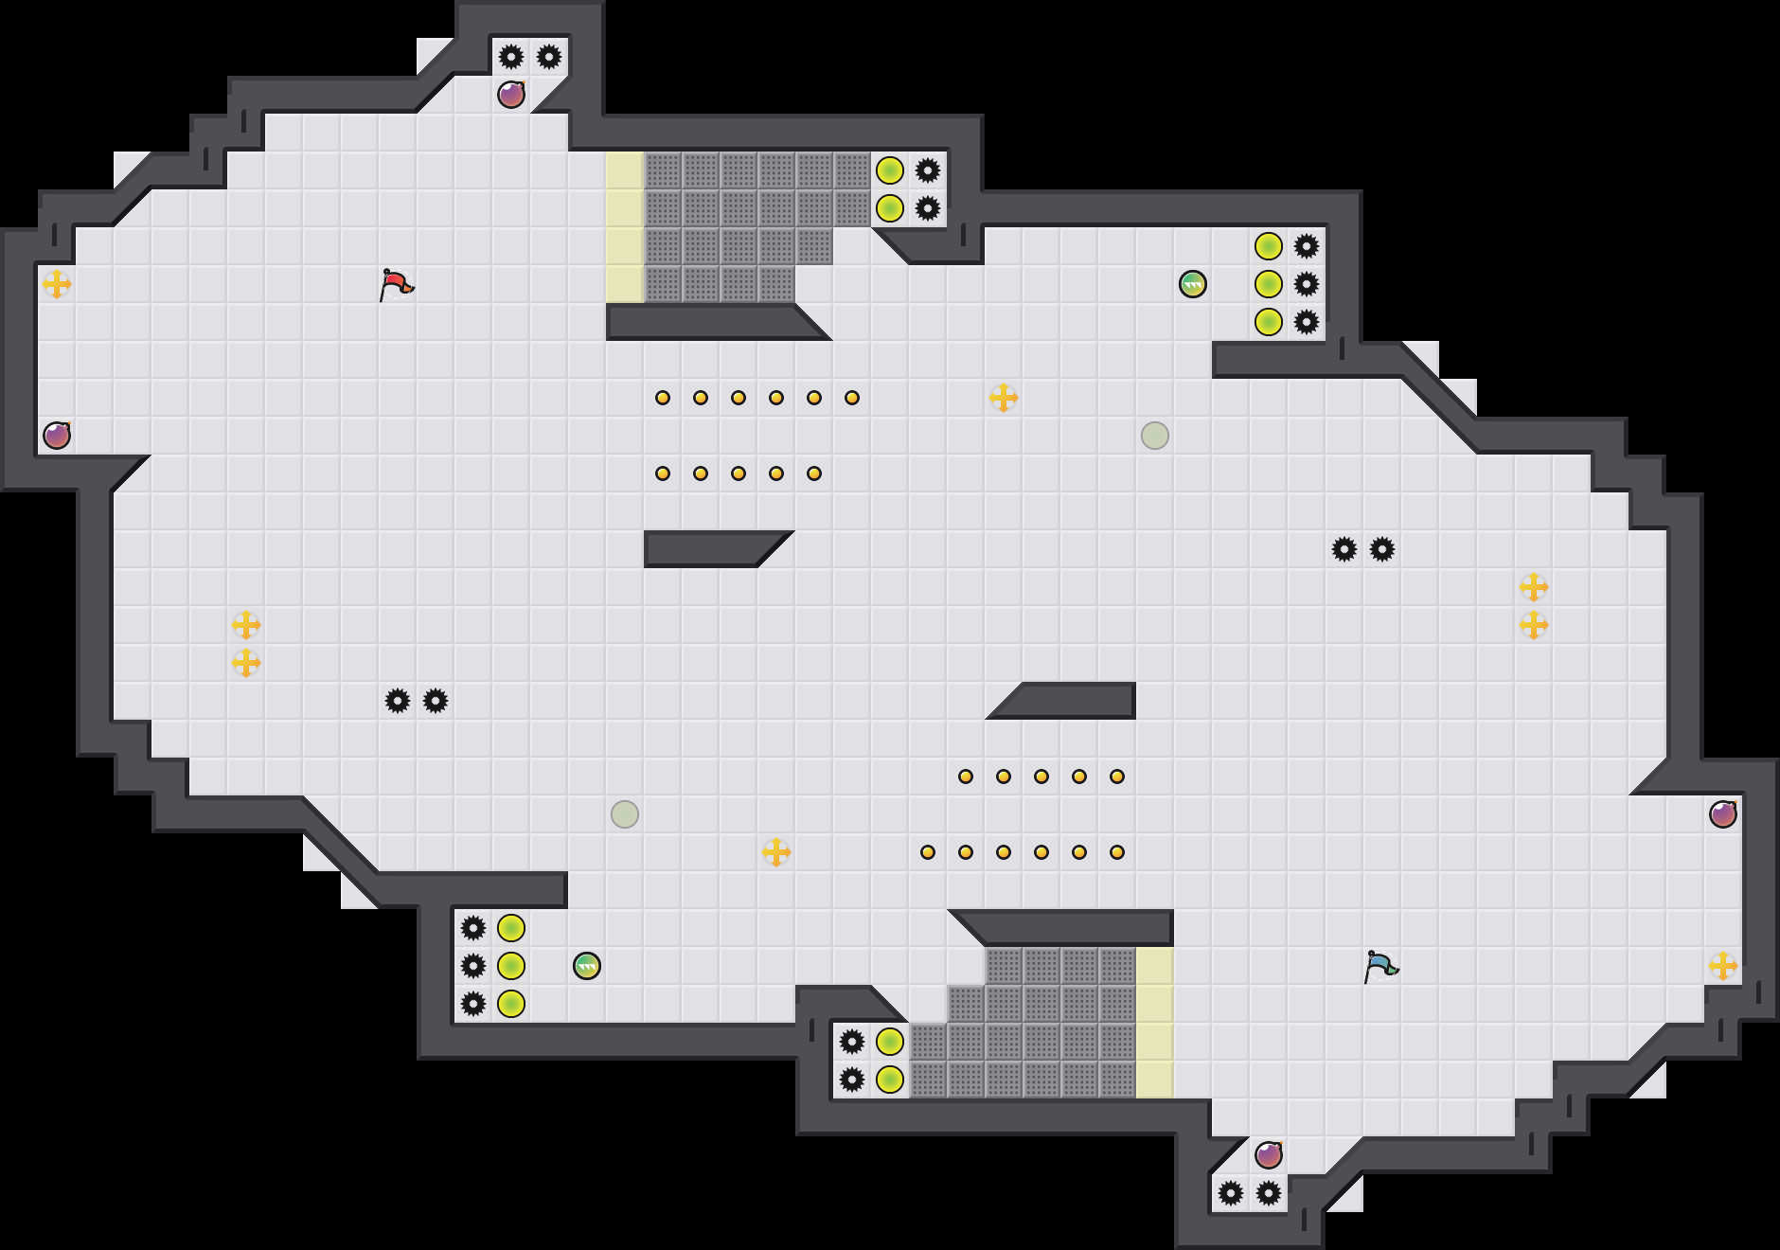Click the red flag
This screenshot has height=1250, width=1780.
[x=396, y=284]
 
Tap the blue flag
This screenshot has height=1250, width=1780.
[x=1380, y=966]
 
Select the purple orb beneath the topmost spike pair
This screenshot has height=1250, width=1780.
[x=511, y=95]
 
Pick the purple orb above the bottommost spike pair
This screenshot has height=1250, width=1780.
[x=1269, y=1155]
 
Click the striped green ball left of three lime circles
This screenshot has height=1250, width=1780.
[x=1193, y=284]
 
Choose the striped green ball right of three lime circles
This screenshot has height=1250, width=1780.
[x=587, y=966]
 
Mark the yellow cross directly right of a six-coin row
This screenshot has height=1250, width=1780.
[x=1004, y=398]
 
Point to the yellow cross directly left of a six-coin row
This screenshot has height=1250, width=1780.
[x=776, y=852]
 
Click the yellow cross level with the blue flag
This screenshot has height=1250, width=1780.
[x=1723, y=966]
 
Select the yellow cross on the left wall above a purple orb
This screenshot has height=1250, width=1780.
[x=57, y=284]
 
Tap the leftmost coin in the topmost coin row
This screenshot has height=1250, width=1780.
[x=663, y=398]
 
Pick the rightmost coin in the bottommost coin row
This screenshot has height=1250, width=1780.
[x=1117, y=852]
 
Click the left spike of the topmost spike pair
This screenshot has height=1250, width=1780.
[x=511, y=57]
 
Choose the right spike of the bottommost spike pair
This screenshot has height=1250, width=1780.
[x=1269, y=1193]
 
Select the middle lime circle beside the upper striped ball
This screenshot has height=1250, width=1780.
[x=1269, y=284]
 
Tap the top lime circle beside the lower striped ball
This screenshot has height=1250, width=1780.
[x=511, y=928]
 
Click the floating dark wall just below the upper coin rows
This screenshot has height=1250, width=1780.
[x=710, y=549]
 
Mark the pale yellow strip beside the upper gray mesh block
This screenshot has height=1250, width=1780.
[x=625, y=227]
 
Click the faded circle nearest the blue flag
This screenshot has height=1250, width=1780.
[x=1155, y=436]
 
